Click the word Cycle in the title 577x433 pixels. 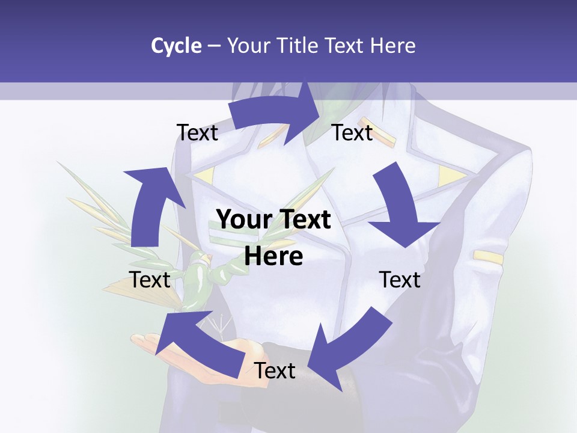pyautogui.click(x=176, y=46)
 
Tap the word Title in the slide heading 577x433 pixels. pyautogui.click(x=301, y=46)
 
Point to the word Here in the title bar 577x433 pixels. pyautogui.click(x=392, y=46)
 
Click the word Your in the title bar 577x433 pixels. pyautogui.click(x=248, y=46)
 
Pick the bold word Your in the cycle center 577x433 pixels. pyautogui.click(x=240, y=220)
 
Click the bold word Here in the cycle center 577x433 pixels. pyautogui.click(x=273, y=257)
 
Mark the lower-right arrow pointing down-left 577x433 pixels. pyautogui.click(x=349, y=349)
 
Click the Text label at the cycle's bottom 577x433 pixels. pyautogui.click(x=275, y=371)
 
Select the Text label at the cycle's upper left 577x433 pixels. pyautogui.click(x=197, y=133)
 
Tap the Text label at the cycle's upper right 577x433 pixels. pyautogui.click(x=353, y=133)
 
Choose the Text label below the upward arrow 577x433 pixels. pyautogui.click(x=150, y=280)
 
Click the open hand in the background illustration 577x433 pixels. pyautogui.click(x=180, y=355)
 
